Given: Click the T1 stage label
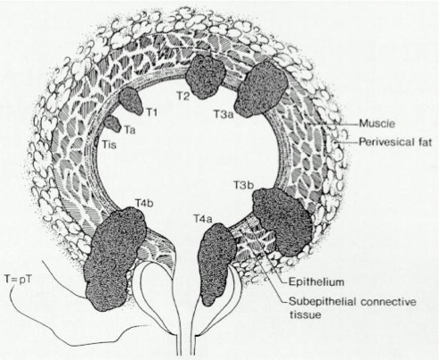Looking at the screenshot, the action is pyautogui.click(x=151, y=113).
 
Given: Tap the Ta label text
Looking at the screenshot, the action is pyautogui.click(x=130, y=130).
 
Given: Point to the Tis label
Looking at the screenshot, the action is pyautogui.click(x=109, y=145).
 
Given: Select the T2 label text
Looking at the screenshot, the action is pyautogui.click(x=182, y=96).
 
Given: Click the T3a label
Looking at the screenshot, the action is pyautogui.click(x=224, y=113).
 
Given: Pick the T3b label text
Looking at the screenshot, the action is pyautogui.click(x=243, y=185).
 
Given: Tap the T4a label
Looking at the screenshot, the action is pyautogui.click(x=203, y=219).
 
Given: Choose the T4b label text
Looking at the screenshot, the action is pyautogui.click(x=144, y=203).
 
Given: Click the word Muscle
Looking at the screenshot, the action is pyautogui.click(x=377, y=123).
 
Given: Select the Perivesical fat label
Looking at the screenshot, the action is pyautogui.click(x=395, y=142).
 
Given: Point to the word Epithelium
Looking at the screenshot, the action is pyautogui.click(x=317, y=281).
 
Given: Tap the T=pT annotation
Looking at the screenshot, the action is pyautogui.click(x=18, y=280).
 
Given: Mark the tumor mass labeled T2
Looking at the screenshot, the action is pyautogui.click(x=205, y=76).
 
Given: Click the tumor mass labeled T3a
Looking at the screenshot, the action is pyautogui.click(x=261, y=90).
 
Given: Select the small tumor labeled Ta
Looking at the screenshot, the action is pyautogui.click(x=113, y=124).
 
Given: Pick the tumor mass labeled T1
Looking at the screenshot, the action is pyautogui.click(x=131, y=101).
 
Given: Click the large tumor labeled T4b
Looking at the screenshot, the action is pyautogui.click(x=115, y=258).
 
